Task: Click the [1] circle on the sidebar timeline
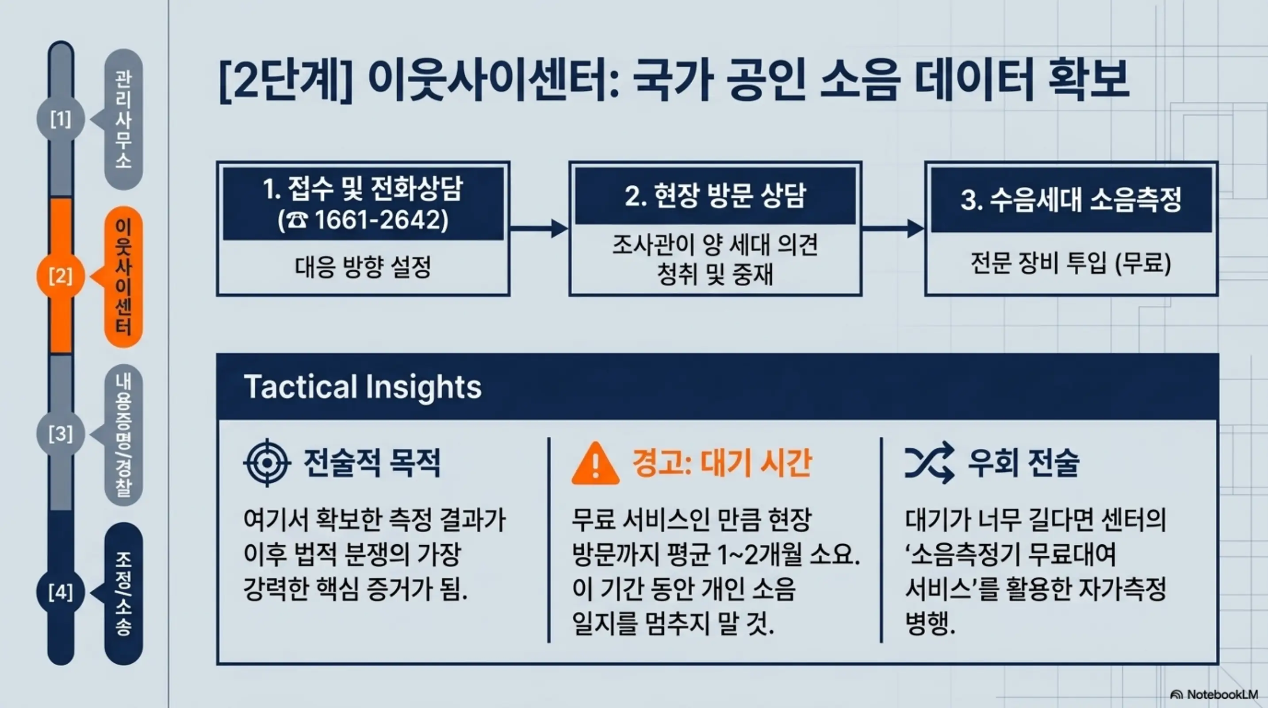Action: [x=61, y=119]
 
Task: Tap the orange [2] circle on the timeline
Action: [x=61, y=276]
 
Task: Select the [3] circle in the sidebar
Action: [x=61, y=434]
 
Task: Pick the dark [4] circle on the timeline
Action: [x=61, y=592]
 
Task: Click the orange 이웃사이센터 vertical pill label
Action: [x=123, y=277]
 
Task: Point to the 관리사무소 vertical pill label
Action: [x=123, y=119]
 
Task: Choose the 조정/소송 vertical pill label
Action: [x=123, y=593]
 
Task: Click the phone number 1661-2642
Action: [x=381, y=220]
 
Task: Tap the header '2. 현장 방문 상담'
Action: [x=715, y=196]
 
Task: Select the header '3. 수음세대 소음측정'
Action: [x=1071, y=200]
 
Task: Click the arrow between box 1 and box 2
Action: [x=539, y=228]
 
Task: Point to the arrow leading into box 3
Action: [x=893, y=228]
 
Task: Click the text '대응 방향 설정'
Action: [x=363, y=267]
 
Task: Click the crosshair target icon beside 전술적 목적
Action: [x=267, y=463]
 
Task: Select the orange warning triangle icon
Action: [x=595, y=464]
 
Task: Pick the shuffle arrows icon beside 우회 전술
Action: [x=929, y=463]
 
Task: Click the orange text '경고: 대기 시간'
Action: [x=722, y=463]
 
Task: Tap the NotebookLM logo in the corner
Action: [x=1214, y=695]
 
